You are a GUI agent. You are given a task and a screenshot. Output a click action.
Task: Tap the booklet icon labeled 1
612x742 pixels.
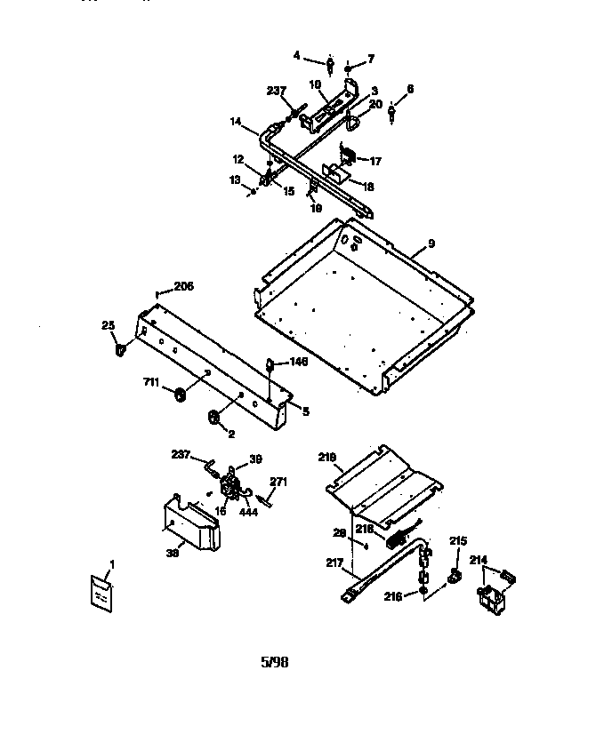[101, 590]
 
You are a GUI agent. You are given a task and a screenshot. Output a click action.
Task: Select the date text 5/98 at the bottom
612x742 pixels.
[275, 662]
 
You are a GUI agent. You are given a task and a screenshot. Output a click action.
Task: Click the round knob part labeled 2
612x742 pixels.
[213, 417]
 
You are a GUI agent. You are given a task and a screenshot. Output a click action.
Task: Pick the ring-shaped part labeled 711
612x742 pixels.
[179, 394]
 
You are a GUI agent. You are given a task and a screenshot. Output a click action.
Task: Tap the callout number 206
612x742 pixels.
[183, 286]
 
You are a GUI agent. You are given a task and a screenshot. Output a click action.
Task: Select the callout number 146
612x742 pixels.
[300, 362]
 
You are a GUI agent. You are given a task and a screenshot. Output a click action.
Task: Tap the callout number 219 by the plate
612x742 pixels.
[327, 458]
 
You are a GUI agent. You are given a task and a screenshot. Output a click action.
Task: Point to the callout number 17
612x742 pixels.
[375, 162]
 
